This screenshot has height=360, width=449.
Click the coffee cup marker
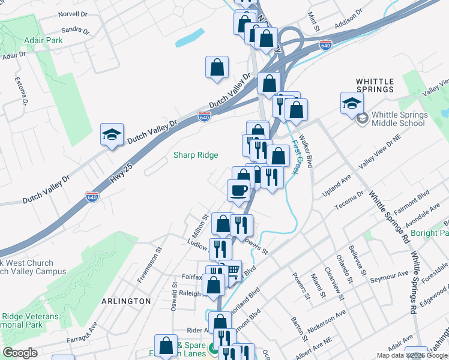(238, 191)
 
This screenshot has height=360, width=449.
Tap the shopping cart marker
(232, 271)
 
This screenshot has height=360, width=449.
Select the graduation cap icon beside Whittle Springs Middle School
(352, 103)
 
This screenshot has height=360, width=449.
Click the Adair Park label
(43, 40)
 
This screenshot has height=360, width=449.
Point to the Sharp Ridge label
(196, 155)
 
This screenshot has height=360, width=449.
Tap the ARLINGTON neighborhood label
(126, 301)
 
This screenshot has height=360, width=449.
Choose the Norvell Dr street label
(73, 14)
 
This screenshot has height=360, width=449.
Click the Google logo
(20, 353)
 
